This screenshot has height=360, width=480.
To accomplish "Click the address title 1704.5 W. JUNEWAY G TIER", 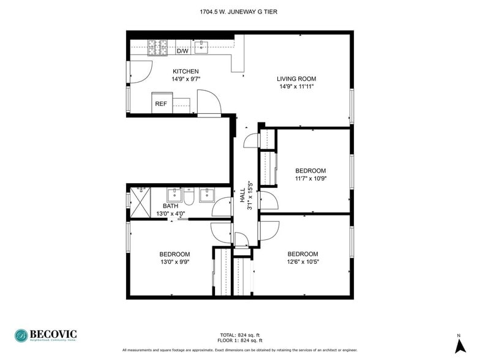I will tap(239, 11).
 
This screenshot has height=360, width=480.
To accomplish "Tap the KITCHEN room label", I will tap(185, 72).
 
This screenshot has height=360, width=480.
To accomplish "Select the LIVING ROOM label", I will tap(296, 78).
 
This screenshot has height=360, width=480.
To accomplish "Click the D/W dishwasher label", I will tap(182, 51).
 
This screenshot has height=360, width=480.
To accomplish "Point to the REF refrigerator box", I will tap(161, 104).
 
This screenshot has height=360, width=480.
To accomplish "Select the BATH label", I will tap(170, 206).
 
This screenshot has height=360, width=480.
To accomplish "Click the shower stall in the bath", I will tap(140, 201).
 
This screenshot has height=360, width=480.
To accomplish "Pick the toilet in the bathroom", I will tap(189, 198).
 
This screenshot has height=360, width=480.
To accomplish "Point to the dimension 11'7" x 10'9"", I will tap(310, 179).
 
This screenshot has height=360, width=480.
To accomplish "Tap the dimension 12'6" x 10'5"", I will tap(302, 261).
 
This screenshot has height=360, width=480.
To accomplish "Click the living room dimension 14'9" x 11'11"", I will tap(296, 86).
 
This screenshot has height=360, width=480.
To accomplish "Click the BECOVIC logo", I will tap(47, 336).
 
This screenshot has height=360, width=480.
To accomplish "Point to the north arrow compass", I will tap(459, 343).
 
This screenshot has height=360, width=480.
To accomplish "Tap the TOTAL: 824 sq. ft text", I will tap(240, 335).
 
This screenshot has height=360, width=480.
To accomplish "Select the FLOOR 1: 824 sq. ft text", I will tap(240, 340).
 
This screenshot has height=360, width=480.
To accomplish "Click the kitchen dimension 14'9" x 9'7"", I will tap(185, 79).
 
